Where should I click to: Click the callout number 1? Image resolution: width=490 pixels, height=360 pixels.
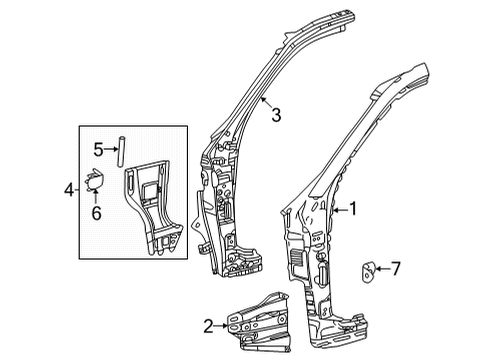coord(352,209)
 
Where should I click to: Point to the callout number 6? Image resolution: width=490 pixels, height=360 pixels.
coord(96,212)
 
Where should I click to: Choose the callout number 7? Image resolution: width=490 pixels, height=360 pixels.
coord(396,269)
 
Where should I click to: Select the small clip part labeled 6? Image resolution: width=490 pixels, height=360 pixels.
coord(95,181)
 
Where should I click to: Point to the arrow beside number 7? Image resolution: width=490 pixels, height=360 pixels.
coord(382,269)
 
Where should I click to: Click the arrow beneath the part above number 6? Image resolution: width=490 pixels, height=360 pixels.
coord(96,197)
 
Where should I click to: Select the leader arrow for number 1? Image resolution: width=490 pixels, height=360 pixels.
coord(338,209)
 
